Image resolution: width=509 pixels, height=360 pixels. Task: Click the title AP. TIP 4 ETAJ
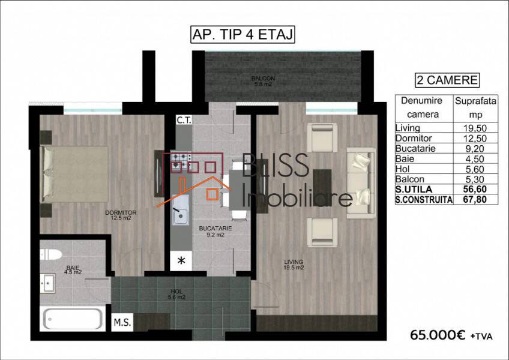pos(242,34)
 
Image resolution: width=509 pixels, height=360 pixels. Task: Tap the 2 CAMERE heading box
pos(447,80)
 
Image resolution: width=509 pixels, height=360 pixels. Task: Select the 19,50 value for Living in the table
pos(475,128)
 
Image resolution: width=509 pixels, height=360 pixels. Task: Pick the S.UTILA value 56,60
pos(475,189)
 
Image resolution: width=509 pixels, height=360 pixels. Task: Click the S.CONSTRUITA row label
pos(424,199)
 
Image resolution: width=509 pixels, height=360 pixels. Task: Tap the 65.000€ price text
pos(438,335)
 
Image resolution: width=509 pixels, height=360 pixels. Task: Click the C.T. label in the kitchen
pos(184,120)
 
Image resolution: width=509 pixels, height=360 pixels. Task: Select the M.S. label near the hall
pos(122,322)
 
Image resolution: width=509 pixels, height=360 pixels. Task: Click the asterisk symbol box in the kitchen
pos(181,260)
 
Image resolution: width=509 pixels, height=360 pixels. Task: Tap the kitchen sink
pos(181,210)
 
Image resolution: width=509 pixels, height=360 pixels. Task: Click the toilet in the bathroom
pos(51,254)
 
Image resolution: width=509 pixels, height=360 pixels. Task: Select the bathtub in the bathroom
pos(73,319)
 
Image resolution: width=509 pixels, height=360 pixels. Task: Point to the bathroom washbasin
pos(48,283)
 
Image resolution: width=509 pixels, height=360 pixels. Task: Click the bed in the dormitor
pos(74,173)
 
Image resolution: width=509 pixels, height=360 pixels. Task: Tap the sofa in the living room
pos(361,183)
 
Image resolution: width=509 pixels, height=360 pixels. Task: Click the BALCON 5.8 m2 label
pos(263,81)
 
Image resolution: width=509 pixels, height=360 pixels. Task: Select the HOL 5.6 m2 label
pos(176,295)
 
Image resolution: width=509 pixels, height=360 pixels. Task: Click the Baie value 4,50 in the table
pos(475,159)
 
